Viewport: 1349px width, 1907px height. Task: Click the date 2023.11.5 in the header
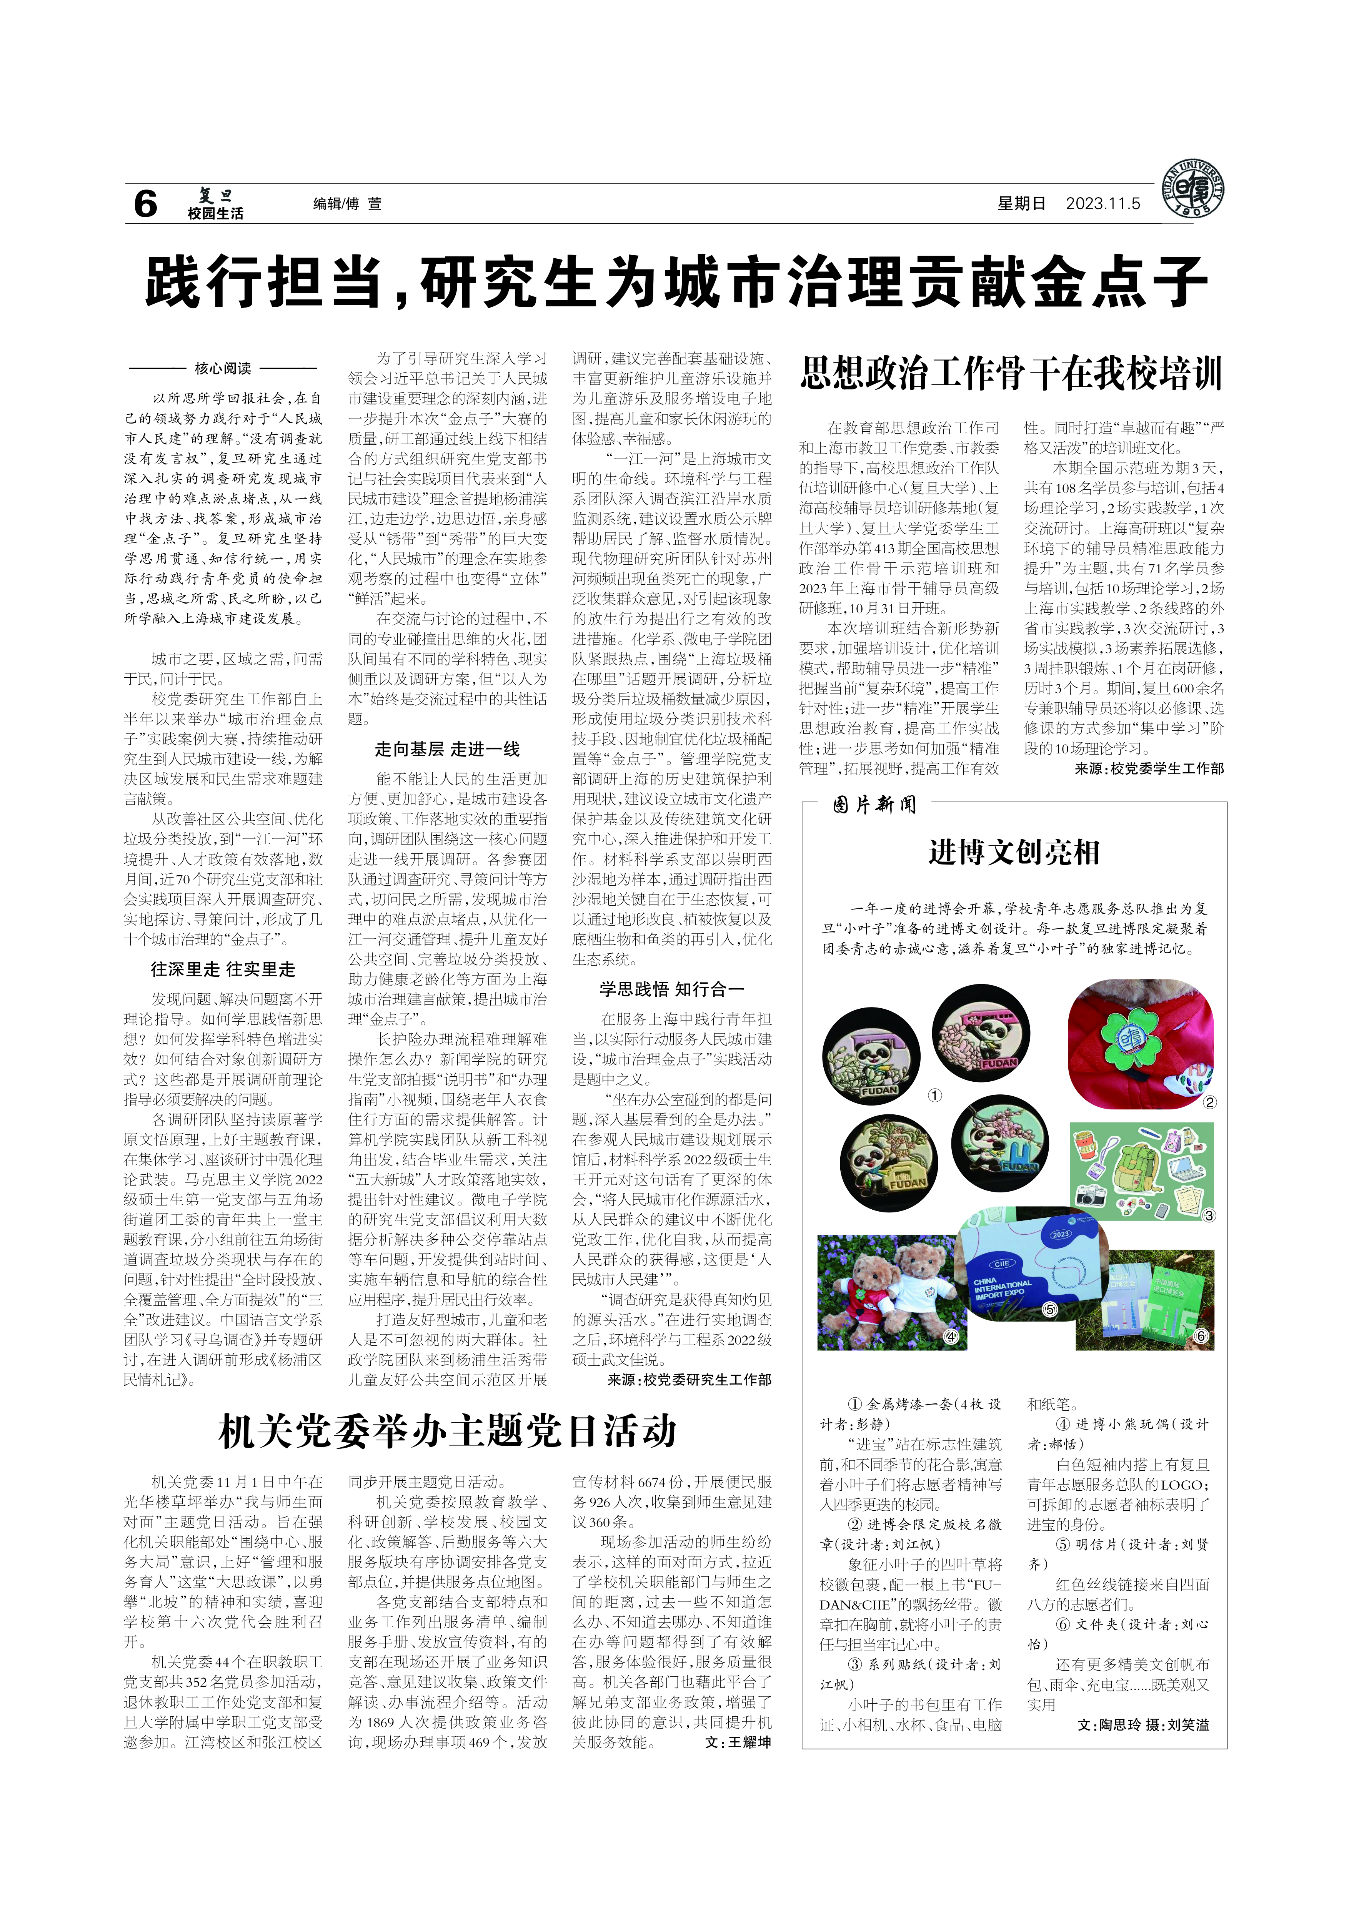[x=1103, y=203]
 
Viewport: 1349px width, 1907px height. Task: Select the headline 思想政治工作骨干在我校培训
[x=1011, y=374]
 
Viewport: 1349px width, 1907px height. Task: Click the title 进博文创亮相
[x=1013, y=852]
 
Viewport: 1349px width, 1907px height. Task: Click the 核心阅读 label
[x=223, y=368]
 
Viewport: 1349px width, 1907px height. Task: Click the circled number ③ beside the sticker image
[x=1209, y=1215]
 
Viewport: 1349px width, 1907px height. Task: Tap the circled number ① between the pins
[x=934, y=1096]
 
